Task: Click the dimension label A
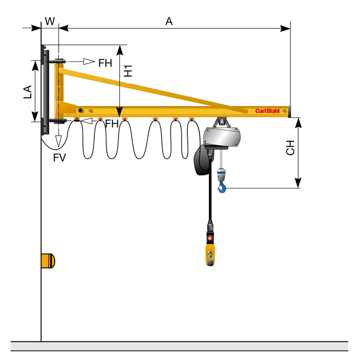(x=169, y=21)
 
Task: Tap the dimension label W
(x=50, y=21)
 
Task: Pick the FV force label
(x=59, y=157)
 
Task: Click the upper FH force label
(x=105, y=63)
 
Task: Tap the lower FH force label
(x=112, y=123)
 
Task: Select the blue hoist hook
(x=222, y=187)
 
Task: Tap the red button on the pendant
(x=210, y=238)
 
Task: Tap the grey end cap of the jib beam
(x=291, y=111)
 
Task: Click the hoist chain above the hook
(x=222, y=159)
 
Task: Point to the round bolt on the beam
(x=80, y=110)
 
